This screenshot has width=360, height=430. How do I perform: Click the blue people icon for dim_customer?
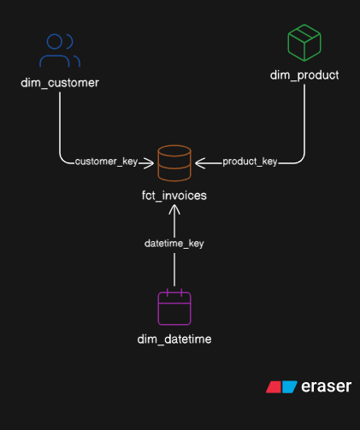pyautogui.click(x=60, y=50)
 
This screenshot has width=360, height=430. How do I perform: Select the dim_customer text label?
pyautogui.click(x=60, y=83)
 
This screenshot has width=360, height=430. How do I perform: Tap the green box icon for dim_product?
pyautogui.click(x=304, y=42)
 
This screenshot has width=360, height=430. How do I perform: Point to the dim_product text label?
pyautogui.click(x=304, y=75)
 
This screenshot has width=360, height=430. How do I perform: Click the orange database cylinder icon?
pyautogui.click(x=174, y=162)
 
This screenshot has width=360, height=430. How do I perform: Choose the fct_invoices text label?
pyautogui.click(x=174, y=196)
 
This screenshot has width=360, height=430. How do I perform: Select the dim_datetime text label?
pyautogui.click(x=174, y=339)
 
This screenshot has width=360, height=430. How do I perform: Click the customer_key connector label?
pyautogui.click(x=107, y=162)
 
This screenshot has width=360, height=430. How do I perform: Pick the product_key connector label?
pyautogui.click(x=250, y=162)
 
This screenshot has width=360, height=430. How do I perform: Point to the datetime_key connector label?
pyautogui.click(x=174, y=244)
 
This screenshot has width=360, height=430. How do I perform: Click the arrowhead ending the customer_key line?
pyautogui.click(x=150, y=162)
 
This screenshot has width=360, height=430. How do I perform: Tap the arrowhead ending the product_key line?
pyautogui.click(x=199, y=162)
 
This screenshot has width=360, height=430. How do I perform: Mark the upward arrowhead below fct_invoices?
pyautogui.click(x=174, y=210)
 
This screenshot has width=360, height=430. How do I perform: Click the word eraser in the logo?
pyautogui.click(x=326, y=386)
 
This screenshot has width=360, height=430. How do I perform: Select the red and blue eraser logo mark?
pyautogui.click(x=281, y=387)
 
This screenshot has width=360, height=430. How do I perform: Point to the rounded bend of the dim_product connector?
pyautogui.click(x=301, y=158)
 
